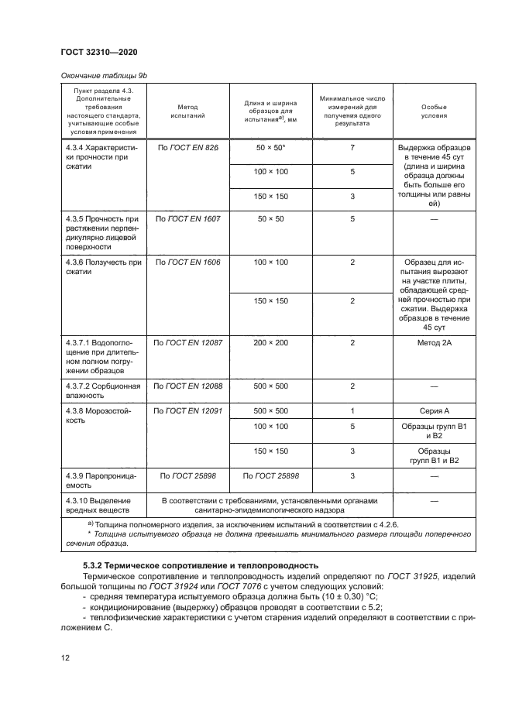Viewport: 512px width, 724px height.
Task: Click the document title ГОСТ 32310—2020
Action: coord(99,52)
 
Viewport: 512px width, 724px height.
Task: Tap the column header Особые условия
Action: coord(433,110)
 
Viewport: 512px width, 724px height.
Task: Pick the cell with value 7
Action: coord(352,146)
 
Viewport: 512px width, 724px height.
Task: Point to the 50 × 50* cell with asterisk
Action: coord(270,146)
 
